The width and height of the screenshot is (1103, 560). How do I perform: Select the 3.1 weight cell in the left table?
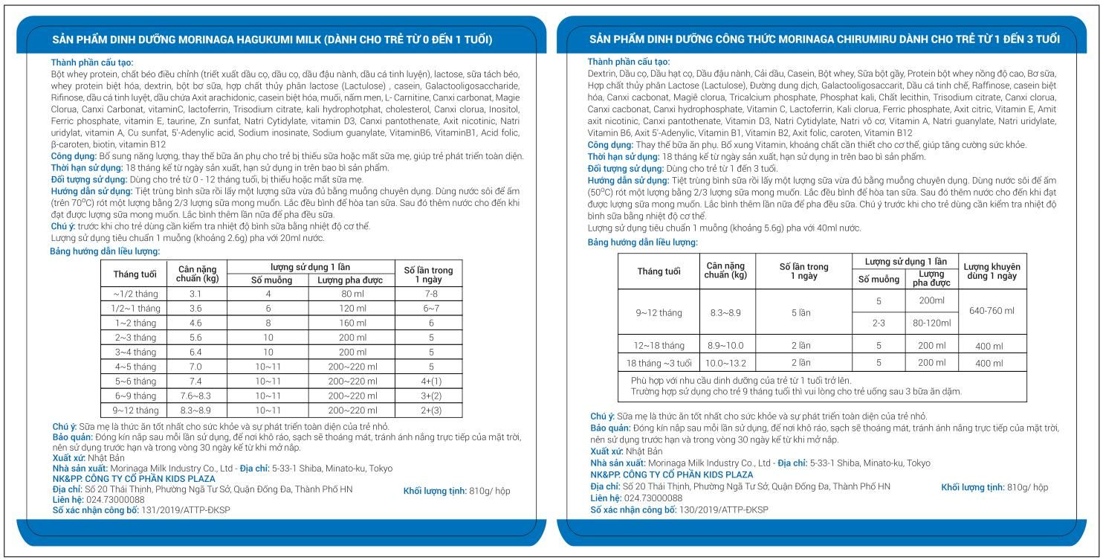(195, 294)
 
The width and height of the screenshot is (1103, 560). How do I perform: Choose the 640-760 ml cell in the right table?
(989, 311)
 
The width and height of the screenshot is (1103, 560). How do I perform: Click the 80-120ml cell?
(931, 324)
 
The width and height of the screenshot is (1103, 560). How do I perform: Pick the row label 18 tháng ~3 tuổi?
(660, 363)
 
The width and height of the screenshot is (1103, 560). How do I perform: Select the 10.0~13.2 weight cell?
(725, 363)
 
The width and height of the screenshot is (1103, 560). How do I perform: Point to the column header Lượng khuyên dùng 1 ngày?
(989, 271)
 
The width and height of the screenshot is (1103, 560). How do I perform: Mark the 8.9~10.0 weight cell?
(725, 345)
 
